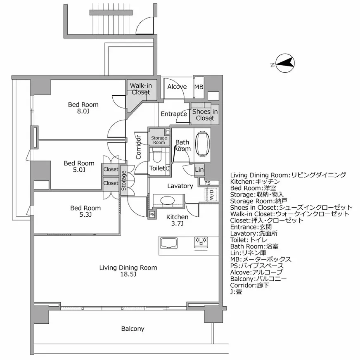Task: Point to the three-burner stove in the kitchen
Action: click(201, 242)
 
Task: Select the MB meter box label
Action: click(199, 87)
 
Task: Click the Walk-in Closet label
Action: click(141, 89)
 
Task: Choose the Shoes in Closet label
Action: click(205, 115)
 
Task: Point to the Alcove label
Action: click(177, 87)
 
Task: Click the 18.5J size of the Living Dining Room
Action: click(128, 275)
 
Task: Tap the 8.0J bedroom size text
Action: click(83, 111)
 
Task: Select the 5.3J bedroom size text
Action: click(85, 215)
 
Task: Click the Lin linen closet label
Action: click(199, 170)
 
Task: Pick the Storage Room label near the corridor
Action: click(159, 140)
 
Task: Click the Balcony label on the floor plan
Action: click(133, 329)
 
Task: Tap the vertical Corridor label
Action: click(139, 147)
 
